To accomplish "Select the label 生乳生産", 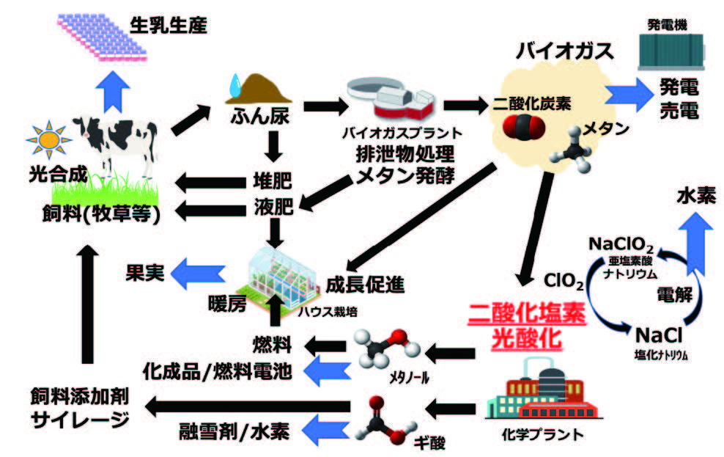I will [168, 26].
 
